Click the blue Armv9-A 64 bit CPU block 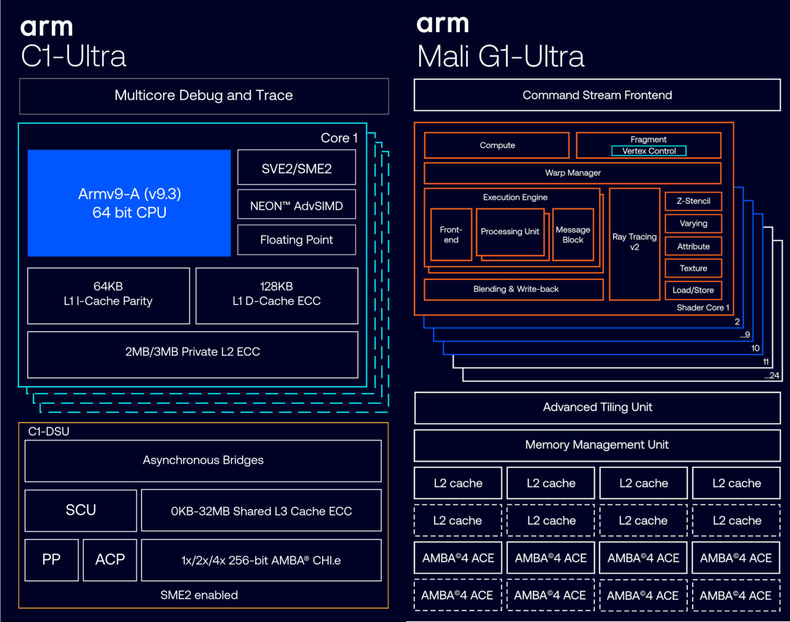point(129,203)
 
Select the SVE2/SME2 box point(296,168)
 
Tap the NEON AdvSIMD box point(296,205)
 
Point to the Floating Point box point(296,240)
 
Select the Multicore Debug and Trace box point(204,96)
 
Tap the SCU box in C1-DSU point(81,510)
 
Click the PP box point(51,560)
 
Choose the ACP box point(110,560)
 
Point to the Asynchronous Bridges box point(203,460)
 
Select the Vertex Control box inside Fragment point(649,151)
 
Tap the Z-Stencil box point(693,201)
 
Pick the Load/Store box point(693,290)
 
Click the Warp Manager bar point(572,173)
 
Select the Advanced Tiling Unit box point(597,407)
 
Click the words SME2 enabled point(199,595)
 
